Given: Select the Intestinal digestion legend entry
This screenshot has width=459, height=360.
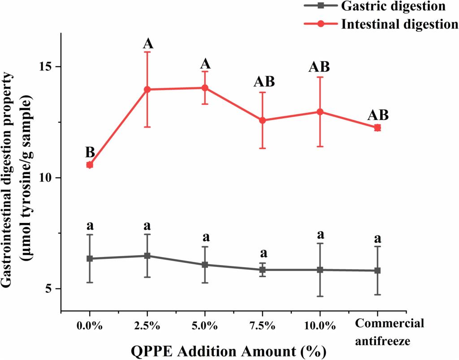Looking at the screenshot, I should coord(399,24).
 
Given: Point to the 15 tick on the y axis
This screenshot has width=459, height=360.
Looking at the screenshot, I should coord(47,67).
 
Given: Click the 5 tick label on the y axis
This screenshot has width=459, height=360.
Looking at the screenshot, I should coord(50,289).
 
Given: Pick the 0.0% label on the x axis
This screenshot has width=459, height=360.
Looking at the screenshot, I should coord(90,324).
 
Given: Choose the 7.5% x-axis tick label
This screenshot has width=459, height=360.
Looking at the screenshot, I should coord(262,324).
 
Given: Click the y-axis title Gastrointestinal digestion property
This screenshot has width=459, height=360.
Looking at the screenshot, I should coord(13,179).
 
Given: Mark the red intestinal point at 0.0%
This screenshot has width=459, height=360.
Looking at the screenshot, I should coord(90,165).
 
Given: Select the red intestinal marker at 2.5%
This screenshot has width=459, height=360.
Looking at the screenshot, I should coord(147,90).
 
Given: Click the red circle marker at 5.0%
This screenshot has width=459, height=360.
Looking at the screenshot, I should coord(205,88).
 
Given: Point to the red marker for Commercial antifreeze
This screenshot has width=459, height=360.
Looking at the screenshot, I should coord(377,128).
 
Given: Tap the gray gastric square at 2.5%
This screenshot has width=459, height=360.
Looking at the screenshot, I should coord(147,256).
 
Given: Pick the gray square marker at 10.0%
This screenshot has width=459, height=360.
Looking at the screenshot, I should coord(320,270).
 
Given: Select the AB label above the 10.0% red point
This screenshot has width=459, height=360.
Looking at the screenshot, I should coord(320,67).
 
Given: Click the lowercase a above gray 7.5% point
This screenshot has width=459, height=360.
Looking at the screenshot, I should coord(262,254).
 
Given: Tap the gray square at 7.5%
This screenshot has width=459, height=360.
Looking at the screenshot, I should coord(262,270).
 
